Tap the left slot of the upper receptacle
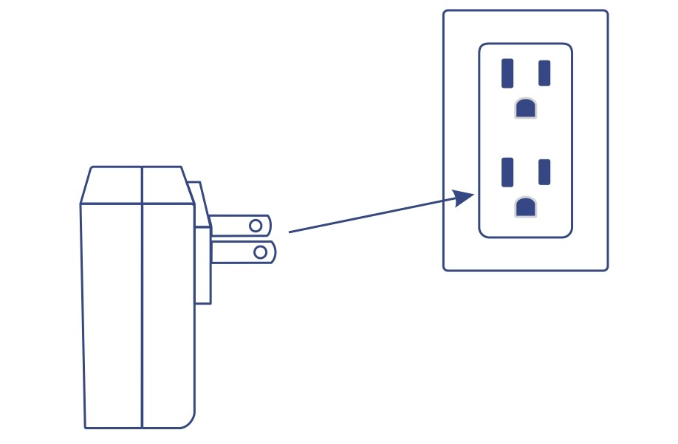(507, 73)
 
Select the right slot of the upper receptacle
(544, 73)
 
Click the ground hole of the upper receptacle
(525, 108)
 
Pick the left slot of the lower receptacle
(507, 172)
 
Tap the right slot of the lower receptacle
(544, 172)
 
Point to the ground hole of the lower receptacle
(525, 207)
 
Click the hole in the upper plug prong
(257, 224)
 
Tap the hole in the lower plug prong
(260, 252)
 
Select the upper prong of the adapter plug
(236, 225)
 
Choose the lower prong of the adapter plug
(240, 252)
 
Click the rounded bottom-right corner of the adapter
(188, 420)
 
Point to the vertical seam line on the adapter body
(141, 310)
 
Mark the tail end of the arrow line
(290, 232)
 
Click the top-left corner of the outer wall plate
(445, 13)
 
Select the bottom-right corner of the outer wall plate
(606, 268)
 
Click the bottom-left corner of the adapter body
(86, 426)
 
